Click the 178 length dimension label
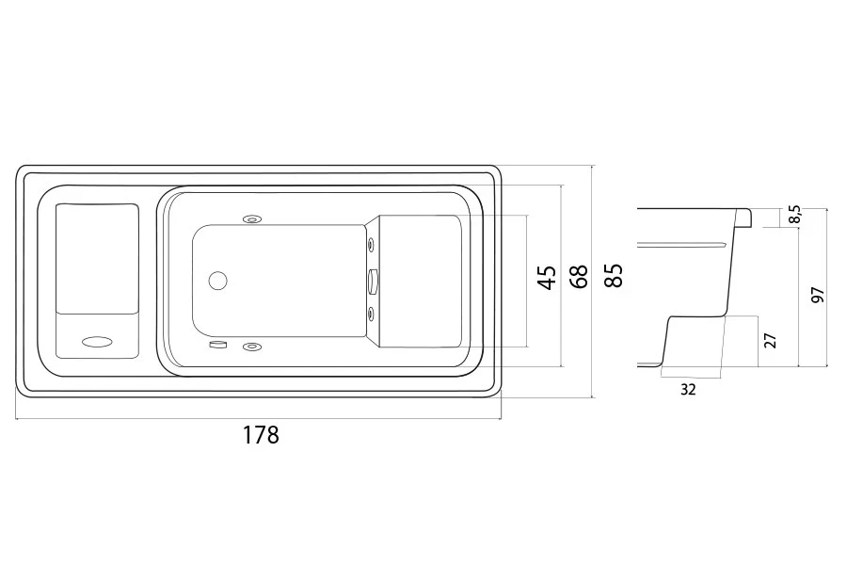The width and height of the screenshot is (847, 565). [x=261, y=435]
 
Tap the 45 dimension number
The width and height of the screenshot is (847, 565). [x=547, y=278]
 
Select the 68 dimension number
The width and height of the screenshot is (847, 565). [x=579, y=276]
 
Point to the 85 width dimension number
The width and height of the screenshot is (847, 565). [x=614, y=275]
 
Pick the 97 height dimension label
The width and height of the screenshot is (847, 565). [x=819, y=295]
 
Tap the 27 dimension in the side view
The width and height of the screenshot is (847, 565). [x=770, y=341]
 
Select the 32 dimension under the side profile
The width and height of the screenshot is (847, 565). [x=688, y=389]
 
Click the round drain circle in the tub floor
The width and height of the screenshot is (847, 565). [x=217, y=281]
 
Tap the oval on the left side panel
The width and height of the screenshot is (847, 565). [x=97, y=342]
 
